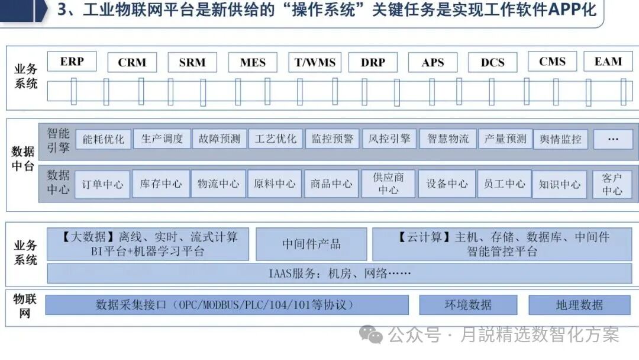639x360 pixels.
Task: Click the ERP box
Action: tap(72, 62)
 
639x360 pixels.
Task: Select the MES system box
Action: tap(253, 62)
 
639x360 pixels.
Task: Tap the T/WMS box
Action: tap(315, 62)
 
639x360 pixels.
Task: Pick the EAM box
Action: tap(608, 62)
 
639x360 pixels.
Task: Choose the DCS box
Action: tap(492, 62)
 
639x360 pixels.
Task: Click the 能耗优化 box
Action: tap(104, 139)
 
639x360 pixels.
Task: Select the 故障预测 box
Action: tap(220, 139)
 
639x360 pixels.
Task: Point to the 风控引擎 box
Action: tap(389, 139)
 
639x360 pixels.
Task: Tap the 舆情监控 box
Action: tap(560, 140)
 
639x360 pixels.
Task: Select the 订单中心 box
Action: tap(103, 184)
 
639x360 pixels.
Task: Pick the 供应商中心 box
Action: tap(388, 184)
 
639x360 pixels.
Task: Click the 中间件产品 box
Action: tap(311, 244)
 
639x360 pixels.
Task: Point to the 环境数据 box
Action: tap(467, 305)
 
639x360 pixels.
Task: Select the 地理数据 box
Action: tap(579, 305)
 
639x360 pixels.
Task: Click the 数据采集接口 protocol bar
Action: tap(227, 305)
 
